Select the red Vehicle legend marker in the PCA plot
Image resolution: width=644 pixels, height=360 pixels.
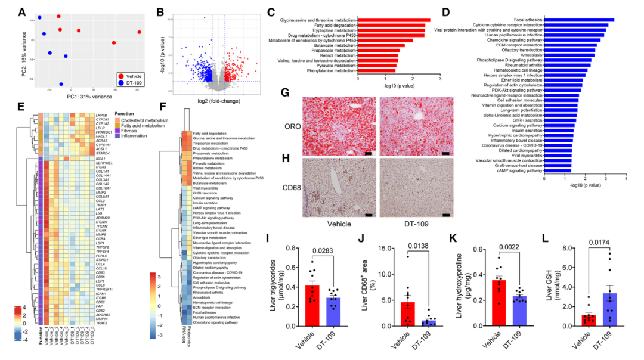click(121, 77)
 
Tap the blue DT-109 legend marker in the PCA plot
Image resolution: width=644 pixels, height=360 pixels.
click(121, 85)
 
